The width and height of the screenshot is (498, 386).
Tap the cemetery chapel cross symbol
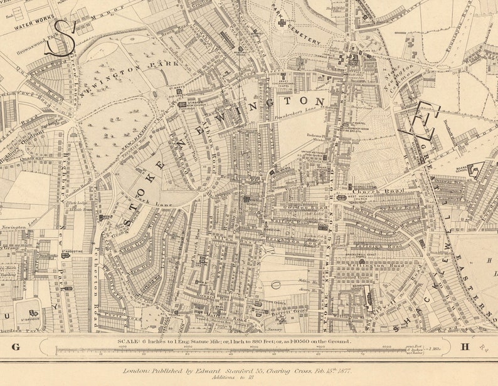click(x=282, y=23)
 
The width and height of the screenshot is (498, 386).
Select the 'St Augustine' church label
click(x=72, y=250)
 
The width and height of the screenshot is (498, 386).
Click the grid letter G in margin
click(x=16, y=347)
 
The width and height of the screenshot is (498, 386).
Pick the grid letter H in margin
click(x=465, y=347)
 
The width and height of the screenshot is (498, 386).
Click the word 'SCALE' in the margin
click(x=129, y=342)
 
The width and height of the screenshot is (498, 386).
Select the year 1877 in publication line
click(x=341, y=370)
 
